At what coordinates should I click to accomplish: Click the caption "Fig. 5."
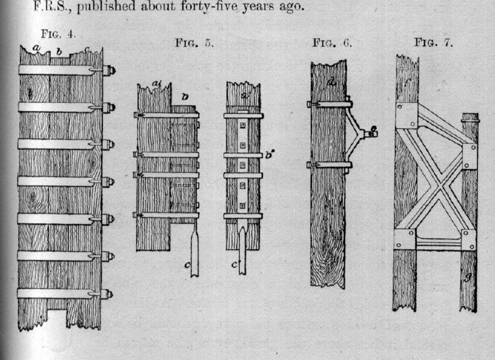tap(195, 43)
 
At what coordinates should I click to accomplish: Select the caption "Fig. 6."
tap(332, 43)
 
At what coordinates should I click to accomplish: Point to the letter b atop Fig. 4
tap(59, 51)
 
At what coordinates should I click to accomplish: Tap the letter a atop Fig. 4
tap(36, 49)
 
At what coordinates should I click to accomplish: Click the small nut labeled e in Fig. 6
tap(373, 133)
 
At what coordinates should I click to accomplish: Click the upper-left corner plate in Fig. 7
tap(407, 116)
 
